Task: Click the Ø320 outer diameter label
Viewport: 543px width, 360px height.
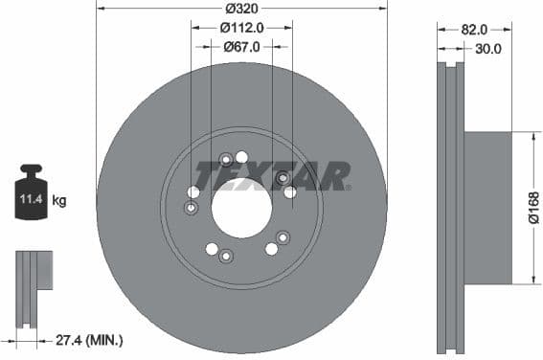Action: (241, 11)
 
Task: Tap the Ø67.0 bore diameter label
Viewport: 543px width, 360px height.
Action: (242, 46)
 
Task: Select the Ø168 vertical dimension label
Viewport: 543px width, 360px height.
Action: (533, 208)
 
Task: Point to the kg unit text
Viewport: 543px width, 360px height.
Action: (59, 201)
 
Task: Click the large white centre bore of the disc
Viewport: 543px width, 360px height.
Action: (241, 207)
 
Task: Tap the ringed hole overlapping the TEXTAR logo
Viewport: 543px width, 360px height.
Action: (283, 178)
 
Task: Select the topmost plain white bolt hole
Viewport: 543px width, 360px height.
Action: (241, 157)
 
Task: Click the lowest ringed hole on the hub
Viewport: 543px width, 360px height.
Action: (226, 255)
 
